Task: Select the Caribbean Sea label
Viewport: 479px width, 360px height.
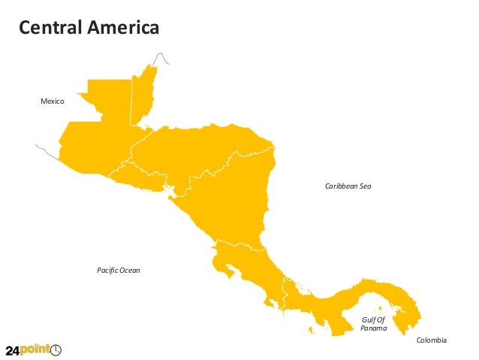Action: pos(348,185)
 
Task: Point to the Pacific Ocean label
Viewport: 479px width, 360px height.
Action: pos(119,270)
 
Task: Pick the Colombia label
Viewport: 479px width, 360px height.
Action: pos(431,340)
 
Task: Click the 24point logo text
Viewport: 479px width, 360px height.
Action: pos(26,349)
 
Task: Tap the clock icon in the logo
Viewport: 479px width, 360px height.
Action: pos(56,349)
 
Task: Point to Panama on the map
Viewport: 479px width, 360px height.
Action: pos(338,301)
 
